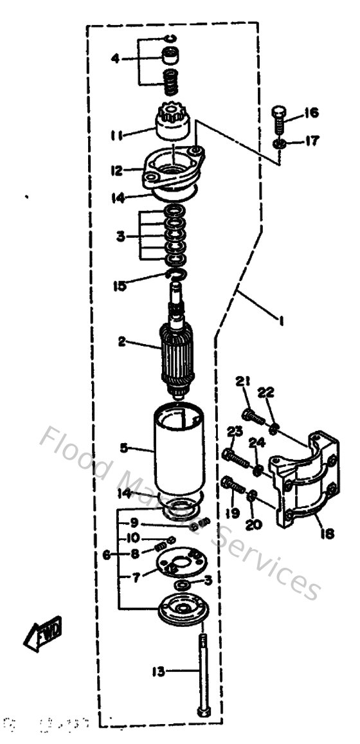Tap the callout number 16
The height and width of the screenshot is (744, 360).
click(311, 114)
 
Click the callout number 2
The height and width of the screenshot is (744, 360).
click(122, 342)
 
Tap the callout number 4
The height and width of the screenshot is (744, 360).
click(115, 59)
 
